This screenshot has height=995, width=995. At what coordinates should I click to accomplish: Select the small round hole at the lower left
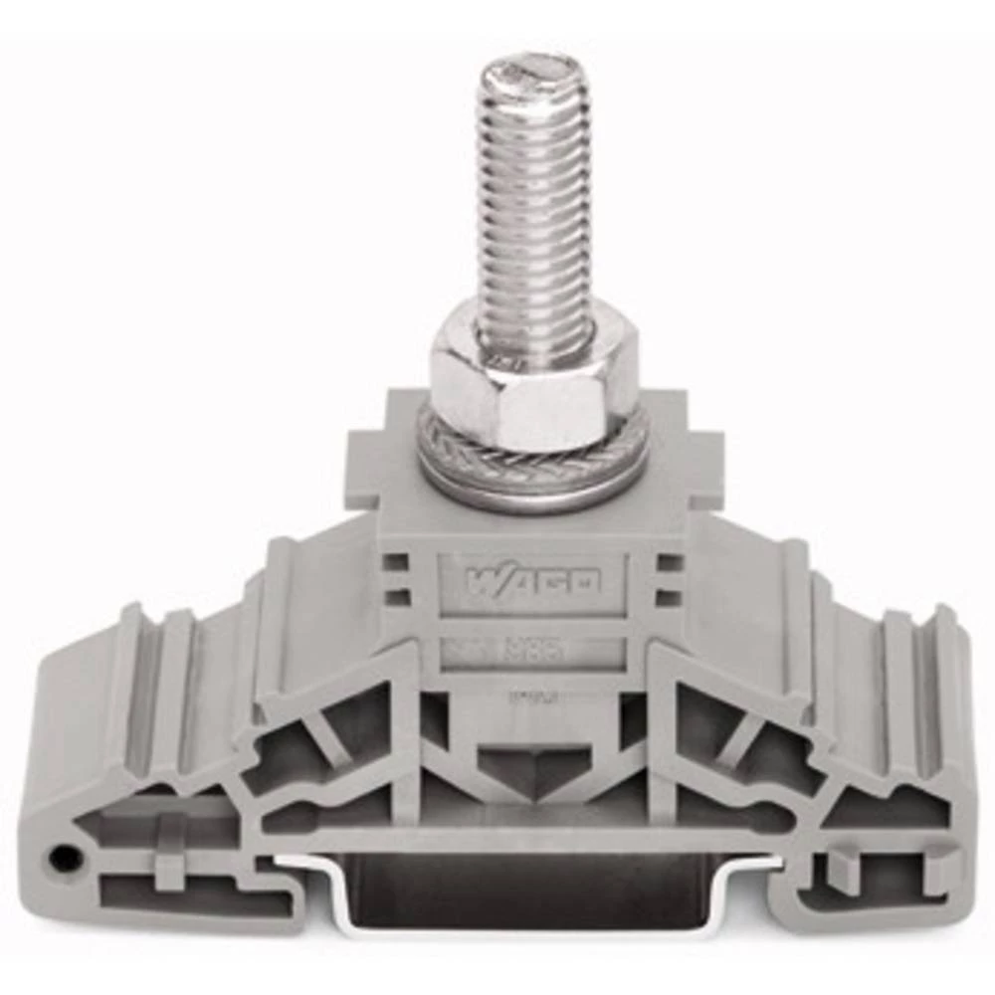tap(66, 857)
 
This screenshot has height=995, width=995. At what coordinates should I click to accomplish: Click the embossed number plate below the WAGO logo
tap(533, 652)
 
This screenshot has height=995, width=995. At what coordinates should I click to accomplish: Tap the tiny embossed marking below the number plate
tap(531, 697)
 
